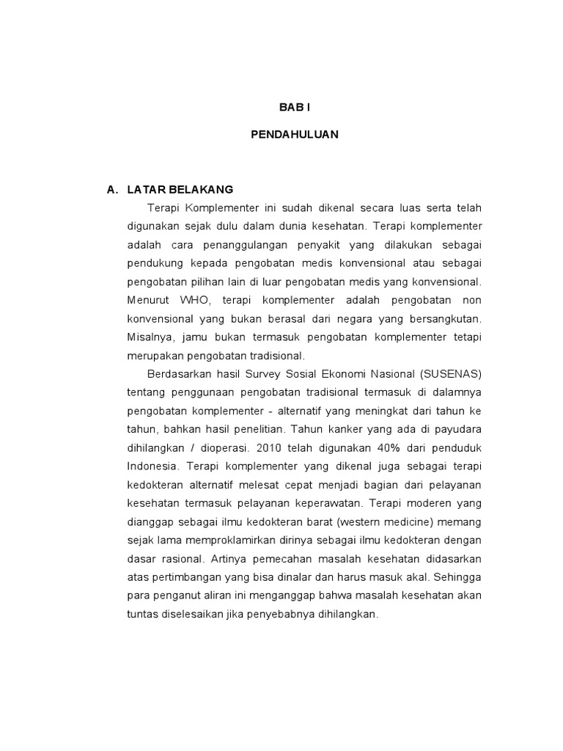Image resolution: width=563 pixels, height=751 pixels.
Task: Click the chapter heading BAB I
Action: click(295, 107)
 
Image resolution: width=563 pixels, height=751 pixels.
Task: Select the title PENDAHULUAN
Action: click(295, 135)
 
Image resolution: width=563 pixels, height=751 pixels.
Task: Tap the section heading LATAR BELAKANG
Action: click(169, 189)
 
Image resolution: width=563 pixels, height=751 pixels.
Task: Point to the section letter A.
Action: click(112, 189)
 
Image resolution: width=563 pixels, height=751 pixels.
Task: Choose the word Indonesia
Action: click(152, 466)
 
